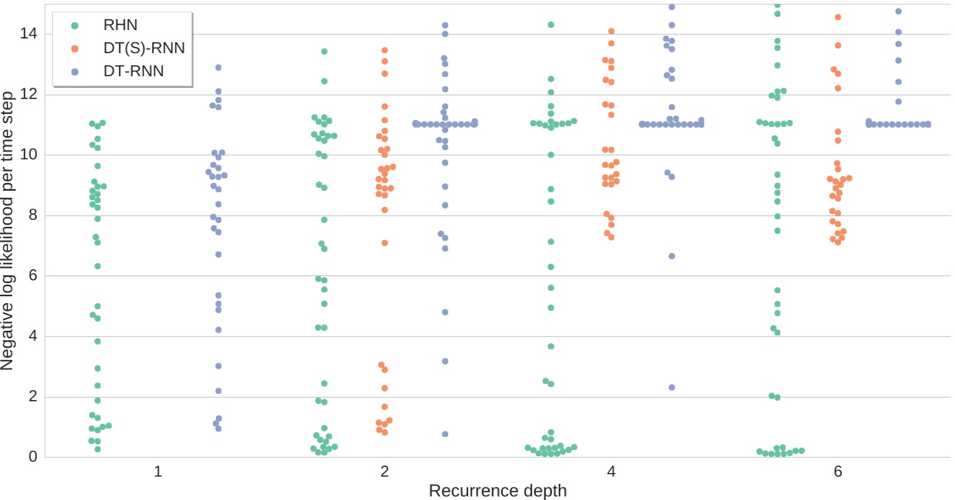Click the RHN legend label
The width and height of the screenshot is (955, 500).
[120, 25]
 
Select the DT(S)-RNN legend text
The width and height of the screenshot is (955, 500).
[144, 48]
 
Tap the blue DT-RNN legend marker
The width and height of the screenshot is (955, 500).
[75, 72]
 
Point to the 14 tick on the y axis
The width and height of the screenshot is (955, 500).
[28, 33]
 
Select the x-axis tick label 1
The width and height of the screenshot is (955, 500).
[158, 472]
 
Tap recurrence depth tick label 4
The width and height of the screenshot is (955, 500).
[611, 472]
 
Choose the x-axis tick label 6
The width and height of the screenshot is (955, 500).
[838, 472]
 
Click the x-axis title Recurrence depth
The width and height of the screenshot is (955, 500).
[497, 491]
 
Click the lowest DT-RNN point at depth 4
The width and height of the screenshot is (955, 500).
[671, 388]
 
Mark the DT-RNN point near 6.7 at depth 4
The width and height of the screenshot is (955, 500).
[671, 256]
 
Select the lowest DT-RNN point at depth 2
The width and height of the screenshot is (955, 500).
[445, 434]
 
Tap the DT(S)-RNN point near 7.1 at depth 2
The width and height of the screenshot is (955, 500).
[384, 243]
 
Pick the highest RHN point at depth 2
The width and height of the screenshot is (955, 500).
[324, 52]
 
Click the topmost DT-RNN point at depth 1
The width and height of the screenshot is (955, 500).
[218, 68]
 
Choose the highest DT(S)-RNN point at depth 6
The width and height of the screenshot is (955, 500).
[838, 17]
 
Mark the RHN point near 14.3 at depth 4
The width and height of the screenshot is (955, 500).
[551, 25]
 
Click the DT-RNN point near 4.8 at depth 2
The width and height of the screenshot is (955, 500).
[445, 312]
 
